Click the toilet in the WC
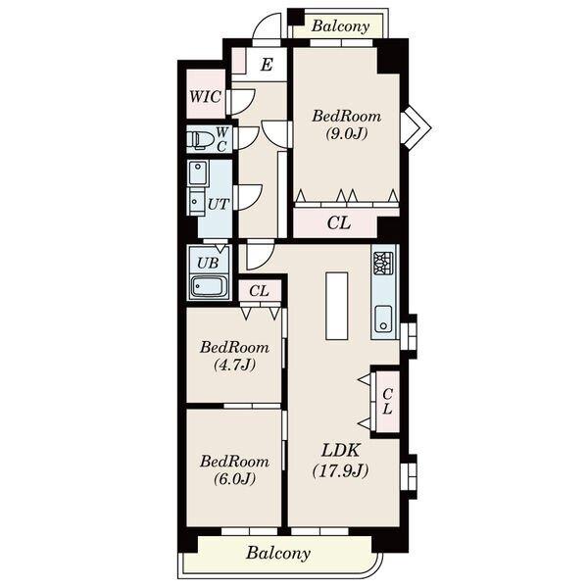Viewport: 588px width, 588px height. coord(201,140)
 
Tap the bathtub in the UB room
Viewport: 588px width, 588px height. coord(209,286)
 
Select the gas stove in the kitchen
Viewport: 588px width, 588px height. coord(383,264)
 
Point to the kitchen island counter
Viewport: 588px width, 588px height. coord(336,306)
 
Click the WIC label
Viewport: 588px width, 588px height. coord(205,97)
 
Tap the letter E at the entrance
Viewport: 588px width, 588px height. coord(267,65)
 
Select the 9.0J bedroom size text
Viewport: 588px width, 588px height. coord(346,133)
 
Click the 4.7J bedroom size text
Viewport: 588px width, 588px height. coord(234,365)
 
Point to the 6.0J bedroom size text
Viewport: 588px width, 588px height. coord(234,478)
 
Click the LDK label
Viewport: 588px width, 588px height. coord(340,451)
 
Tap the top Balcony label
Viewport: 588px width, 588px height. coord(340,25)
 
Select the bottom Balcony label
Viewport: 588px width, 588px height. coord(278,553)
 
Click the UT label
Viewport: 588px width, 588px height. coord(219,204)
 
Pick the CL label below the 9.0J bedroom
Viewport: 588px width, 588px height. coord(339,223)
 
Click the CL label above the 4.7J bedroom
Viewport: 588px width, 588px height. coord(259,291)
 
